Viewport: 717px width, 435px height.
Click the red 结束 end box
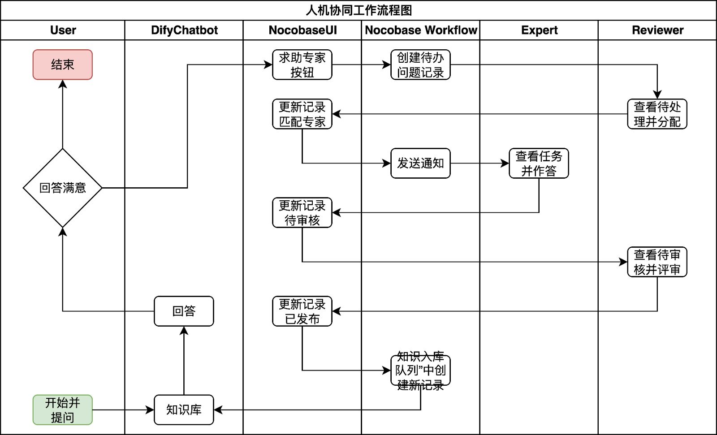click(x=62, y=65)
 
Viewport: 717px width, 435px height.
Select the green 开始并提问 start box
click(x=62, y=409)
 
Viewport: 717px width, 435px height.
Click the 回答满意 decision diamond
click(x=62, y=188)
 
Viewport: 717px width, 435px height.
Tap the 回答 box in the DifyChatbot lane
click(x=184, y=311)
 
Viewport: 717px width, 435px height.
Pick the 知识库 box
click(x=184, y=409)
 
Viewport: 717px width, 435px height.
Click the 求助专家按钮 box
click(x=302, y=65)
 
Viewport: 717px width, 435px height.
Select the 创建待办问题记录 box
click(x=420, y=65)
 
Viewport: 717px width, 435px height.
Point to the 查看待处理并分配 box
click(x=657, y=114)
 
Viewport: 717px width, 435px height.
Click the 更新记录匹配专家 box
click(x=302, y=114)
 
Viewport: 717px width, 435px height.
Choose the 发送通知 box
click(x=420, y=163)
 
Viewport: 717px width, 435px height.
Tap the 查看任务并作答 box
click(x=539, y=163)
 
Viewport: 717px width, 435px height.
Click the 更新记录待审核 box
click(x=302, y=212)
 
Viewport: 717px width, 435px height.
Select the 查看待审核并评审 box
click(x=657, y=262)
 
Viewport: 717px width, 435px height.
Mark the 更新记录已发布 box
click(x=302, y=311)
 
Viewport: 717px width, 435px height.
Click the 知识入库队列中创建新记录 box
click(x=420, y=370)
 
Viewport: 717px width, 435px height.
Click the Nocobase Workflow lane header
click(x=420, y=30)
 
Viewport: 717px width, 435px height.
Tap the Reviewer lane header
click(x=657, y=30)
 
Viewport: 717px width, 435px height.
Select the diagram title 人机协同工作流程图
click(x=358, y=10)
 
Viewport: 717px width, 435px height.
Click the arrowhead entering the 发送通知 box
click(x=387, y=163)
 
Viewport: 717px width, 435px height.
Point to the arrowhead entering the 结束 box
click(x=62, y=84)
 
